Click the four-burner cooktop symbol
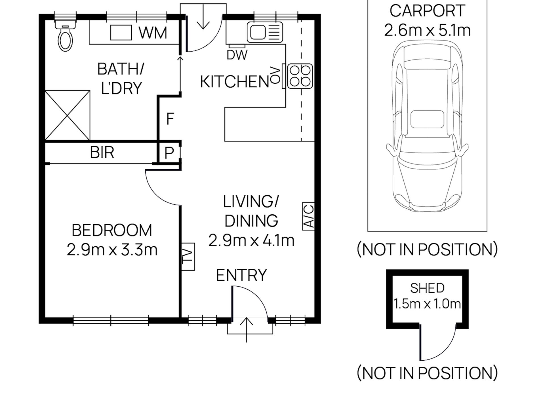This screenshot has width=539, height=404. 300,76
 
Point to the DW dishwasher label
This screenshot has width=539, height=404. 237,55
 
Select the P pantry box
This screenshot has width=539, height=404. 169,153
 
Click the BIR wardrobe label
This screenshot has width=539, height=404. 102,153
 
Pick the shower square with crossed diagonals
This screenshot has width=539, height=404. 68,115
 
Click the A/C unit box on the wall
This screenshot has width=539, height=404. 308,216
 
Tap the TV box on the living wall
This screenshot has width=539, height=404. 188,257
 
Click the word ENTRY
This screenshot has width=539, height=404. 241,275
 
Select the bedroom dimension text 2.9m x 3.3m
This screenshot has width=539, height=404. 112,250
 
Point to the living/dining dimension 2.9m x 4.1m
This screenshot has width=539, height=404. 251,240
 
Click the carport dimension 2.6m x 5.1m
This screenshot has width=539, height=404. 427,30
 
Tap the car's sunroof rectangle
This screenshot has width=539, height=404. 427,119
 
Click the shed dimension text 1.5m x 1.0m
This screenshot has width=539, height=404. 427,304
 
